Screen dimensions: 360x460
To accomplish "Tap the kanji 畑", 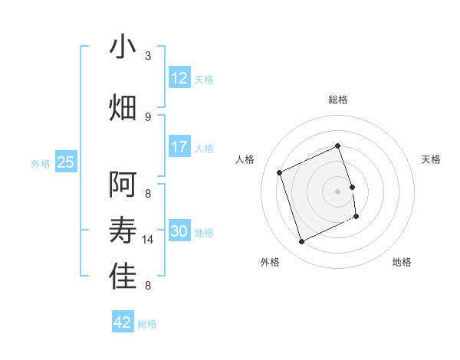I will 123,108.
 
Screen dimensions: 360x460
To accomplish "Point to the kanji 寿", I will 123,231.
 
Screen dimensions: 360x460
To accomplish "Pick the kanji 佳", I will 123,277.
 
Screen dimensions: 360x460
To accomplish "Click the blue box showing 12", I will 179,77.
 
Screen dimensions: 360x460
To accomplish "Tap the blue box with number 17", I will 179,147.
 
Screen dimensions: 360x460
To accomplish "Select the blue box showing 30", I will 179,231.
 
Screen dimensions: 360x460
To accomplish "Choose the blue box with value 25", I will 65,162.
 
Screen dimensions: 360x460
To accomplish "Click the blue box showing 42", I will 123,322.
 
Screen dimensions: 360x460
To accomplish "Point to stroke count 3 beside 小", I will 148,55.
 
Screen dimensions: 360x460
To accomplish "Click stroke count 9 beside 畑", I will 148,116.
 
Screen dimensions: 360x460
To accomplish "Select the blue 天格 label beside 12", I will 204,79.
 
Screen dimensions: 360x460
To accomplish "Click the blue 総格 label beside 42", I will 147,324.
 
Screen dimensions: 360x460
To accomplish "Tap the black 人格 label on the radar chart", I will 245,159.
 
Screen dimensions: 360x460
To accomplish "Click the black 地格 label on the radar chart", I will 402,262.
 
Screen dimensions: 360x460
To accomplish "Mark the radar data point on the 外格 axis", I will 301,242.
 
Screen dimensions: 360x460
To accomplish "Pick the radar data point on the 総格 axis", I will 337,146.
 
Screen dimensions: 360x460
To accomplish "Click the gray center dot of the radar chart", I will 337,191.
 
